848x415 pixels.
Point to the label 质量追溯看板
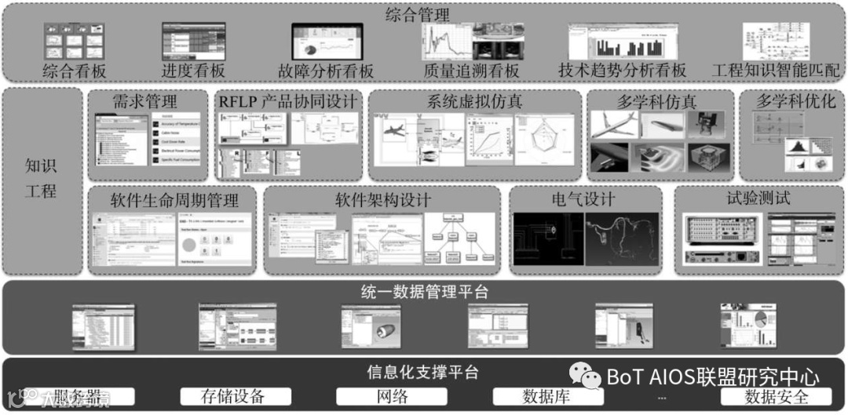471,71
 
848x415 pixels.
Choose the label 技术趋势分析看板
622,71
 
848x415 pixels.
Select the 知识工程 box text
41,179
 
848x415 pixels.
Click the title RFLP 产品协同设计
287,101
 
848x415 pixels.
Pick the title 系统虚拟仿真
474,101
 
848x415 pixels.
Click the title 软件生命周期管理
174,198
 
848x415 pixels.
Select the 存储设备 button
232,396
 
